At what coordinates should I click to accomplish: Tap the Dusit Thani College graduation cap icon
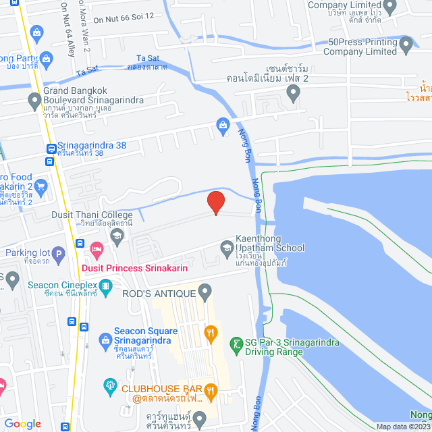(117, 234)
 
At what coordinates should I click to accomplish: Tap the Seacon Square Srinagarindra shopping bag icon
(105, 339)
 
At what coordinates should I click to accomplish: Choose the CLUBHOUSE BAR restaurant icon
(211, 389)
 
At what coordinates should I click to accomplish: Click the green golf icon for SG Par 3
(236, 345)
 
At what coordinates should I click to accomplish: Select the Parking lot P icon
(59, 254)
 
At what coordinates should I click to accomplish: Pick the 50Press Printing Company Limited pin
(406, 46)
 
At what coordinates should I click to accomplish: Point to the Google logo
(22, 423)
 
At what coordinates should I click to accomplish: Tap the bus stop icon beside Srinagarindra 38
(51, 148)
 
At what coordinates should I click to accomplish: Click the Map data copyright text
(403, 427)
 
